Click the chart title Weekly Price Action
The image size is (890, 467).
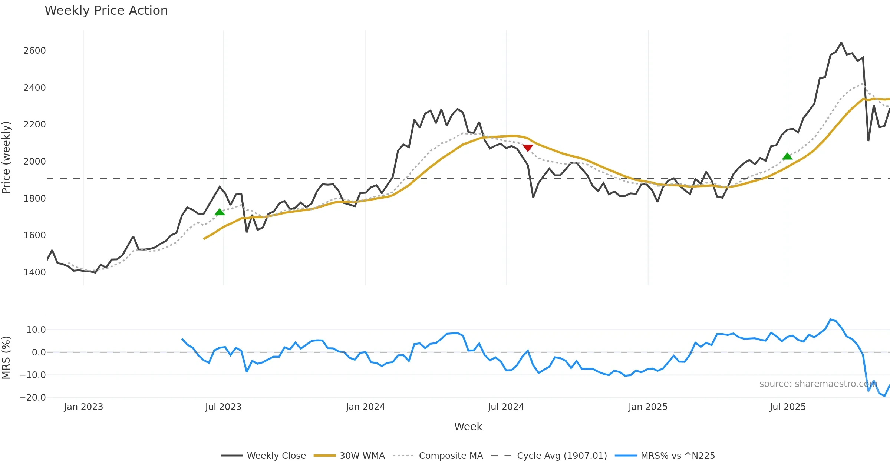[106, 11]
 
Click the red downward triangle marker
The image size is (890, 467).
[527, 148]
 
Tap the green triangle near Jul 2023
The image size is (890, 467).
[220, 212]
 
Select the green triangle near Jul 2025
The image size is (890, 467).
[787, 156]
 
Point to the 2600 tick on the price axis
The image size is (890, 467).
[34, 50]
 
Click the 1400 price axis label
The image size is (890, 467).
[34, 272]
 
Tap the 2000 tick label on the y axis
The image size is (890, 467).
[34, 161]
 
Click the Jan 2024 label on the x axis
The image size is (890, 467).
[365, 407]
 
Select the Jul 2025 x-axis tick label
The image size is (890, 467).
[788, 407]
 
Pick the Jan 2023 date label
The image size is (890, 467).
[83, 407]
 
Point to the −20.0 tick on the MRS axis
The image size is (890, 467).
[33, 397]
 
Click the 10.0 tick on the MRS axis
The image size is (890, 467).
[36, 329]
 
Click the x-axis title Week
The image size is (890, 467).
[468, 427]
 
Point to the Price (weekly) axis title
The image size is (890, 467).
[6, 158]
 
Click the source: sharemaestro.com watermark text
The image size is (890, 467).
[818, 384]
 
